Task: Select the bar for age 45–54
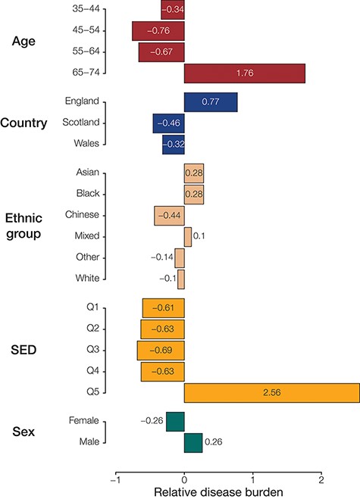point(158,31)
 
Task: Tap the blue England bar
point(211,102)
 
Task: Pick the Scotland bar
point(168,123)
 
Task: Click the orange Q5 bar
point(271,393)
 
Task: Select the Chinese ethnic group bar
point(169,216)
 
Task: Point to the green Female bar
point(175,421)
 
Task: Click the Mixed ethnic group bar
point(187,237)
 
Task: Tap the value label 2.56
point(271,393)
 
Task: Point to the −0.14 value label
point(160,258)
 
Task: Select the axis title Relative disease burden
point(218,493)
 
